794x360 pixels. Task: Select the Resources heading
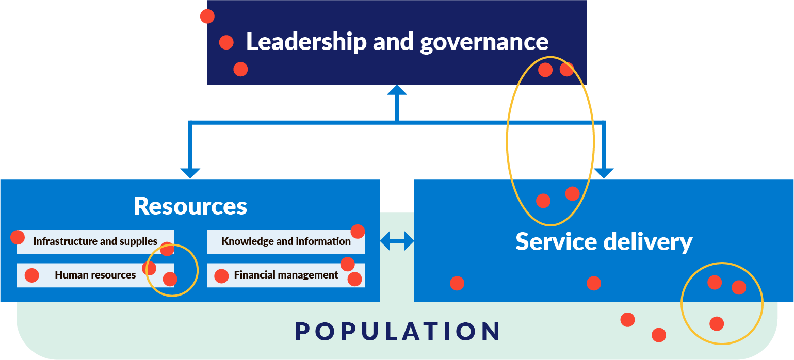(x=190, y=206)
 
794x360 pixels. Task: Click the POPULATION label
(x=397, y=332)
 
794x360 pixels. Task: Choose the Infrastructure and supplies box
(x=95, y=241)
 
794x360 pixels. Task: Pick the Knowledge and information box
(x=286, y=241)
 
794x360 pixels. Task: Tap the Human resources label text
(x=95, y=275)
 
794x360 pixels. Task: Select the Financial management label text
(x=286, y=275)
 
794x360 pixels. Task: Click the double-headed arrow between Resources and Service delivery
(x=397, y=241)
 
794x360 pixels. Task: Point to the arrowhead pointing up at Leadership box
(x=397, y=90)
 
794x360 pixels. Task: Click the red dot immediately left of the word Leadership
(x=226, y=42)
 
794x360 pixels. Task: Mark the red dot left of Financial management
(x=221, y=276)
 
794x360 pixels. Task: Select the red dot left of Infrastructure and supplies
(x=18, y=237)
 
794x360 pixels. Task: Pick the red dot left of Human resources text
(x=32, y=275)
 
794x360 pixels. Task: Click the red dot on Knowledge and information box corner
(x=358, y=232)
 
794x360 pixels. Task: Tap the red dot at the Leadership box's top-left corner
(x=207, y=17)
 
